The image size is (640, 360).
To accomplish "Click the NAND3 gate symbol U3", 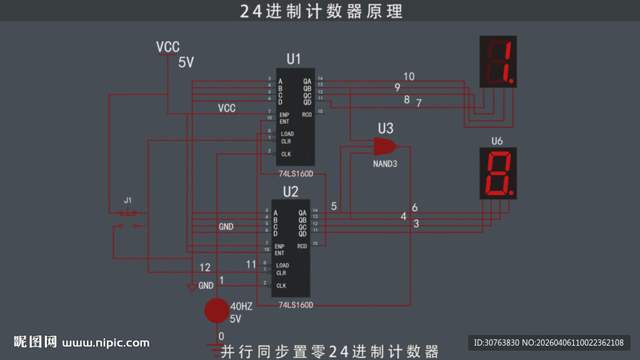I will (x=384, y=147).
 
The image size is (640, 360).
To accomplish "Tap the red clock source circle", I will (x=217, y=311).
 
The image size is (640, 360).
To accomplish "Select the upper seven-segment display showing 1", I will (x=498, y=61).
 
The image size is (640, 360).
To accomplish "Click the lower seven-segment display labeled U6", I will (x=498, y=173).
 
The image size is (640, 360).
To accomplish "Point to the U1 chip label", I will (x=294, y=59).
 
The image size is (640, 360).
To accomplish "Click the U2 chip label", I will (x=291, y=191).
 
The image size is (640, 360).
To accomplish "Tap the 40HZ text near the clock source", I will (x=241, y=307).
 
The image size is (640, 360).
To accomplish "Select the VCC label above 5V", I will (x=167, y=47).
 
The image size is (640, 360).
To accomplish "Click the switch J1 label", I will (x=127, y=201).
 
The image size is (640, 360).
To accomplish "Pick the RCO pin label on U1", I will (x=306, y=114).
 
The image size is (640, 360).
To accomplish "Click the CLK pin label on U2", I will (x=281, y=286).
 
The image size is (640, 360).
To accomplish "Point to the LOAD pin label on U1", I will (x=287, y=134).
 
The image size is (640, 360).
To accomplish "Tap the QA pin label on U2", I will (x=302, y=212).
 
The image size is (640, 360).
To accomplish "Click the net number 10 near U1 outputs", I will (x=408, y=77).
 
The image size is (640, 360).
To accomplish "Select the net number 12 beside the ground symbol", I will (x=205, y=267).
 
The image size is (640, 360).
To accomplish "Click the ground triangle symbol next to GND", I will (x=192, y=288).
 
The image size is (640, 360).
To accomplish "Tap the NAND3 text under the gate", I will (x=384, y=164).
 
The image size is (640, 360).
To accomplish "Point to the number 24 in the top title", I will (x=251, y=11).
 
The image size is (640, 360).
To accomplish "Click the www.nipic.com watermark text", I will (x=106, y=342).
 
